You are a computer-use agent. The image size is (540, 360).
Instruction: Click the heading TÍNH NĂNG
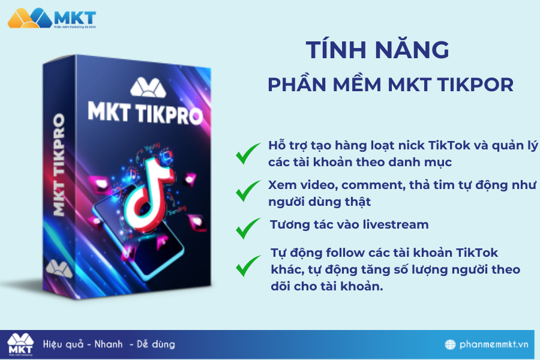(x=377, y=50)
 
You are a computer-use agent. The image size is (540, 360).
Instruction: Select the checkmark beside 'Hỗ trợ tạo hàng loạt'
(x=248, y=154)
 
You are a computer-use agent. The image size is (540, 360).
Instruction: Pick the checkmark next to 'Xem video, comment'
(x=248, y=191)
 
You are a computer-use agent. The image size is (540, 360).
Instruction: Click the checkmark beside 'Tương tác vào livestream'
(x=248, y=227)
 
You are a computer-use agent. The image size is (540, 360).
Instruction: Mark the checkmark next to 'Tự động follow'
(x=248, y=266)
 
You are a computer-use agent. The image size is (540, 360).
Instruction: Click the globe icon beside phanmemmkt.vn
(x=451, y=345)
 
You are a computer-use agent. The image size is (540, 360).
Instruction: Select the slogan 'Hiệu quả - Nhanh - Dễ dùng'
(x=109, y=344)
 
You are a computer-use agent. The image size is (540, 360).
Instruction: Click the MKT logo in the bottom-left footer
(x=20, y=344)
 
